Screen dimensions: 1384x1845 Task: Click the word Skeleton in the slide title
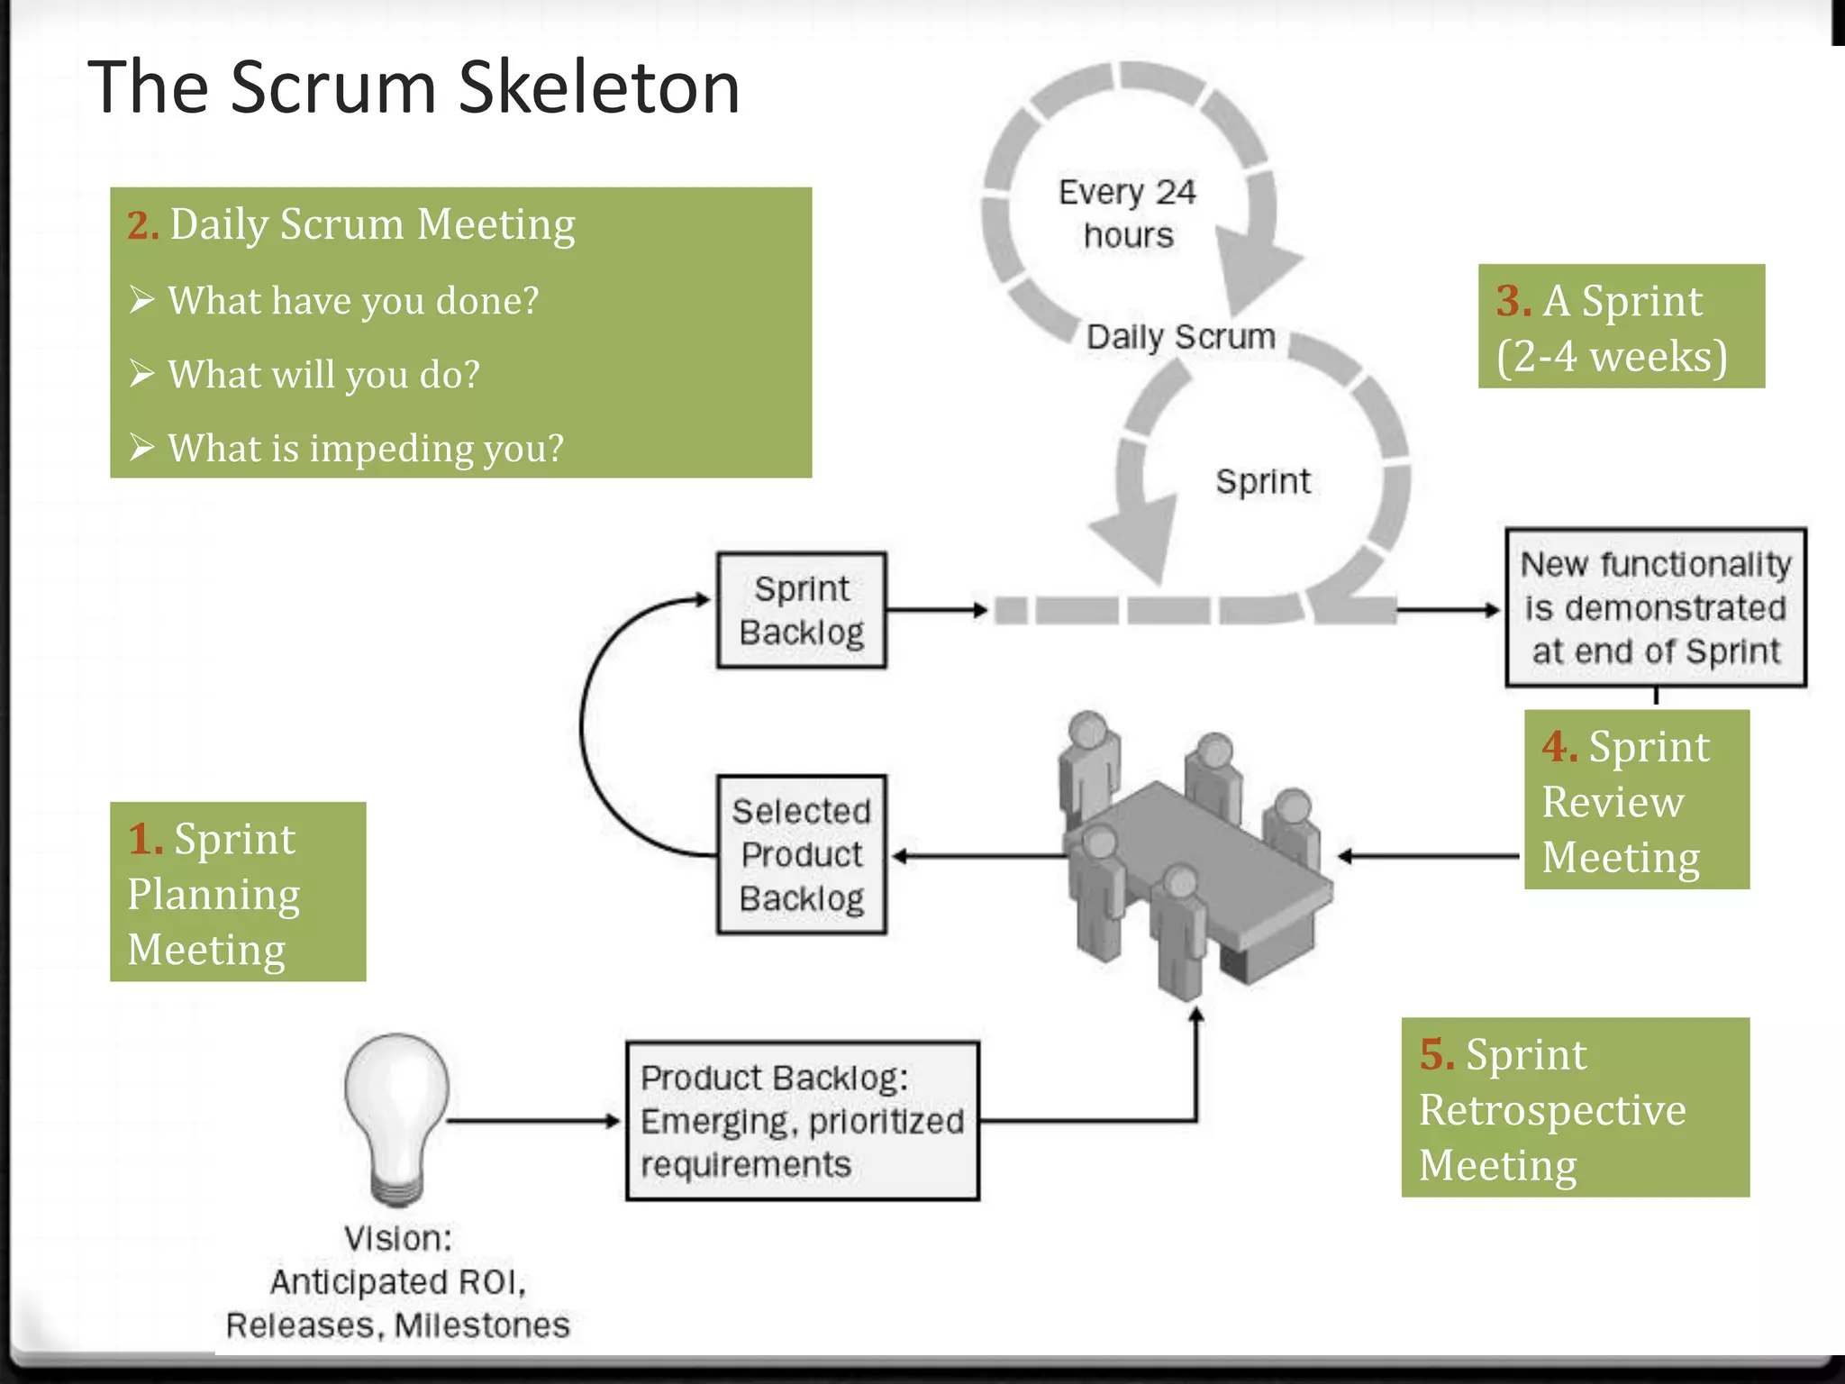598,87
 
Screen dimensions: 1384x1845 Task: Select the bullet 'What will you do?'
323,374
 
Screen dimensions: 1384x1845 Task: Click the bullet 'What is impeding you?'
365,448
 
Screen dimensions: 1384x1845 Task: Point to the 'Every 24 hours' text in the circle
1127,214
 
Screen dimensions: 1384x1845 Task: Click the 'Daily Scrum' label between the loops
1180,337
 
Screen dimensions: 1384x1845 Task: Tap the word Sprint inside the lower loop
1263,481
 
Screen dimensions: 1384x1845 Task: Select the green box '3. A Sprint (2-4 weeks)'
1621,326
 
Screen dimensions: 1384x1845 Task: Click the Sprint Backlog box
801,610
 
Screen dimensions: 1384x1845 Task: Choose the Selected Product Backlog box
801,854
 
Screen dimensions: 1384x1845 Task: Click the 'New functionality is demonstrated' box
1655,607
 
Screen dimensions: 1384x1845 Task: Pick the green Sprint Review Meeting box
1636,800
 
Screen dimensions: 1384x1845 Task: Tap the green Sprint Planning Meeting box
238,892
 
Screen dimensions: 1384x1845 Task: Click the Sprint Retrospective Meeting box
1575,1107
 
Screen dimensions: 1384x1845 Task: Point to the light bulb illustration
396,1113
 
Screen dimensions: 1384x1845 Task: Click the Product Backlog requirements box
802,1121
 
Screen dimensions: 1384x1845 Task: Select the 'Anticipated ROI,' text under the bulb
397,1282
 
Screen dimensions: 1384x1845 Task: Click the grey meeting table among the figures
1207,856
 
